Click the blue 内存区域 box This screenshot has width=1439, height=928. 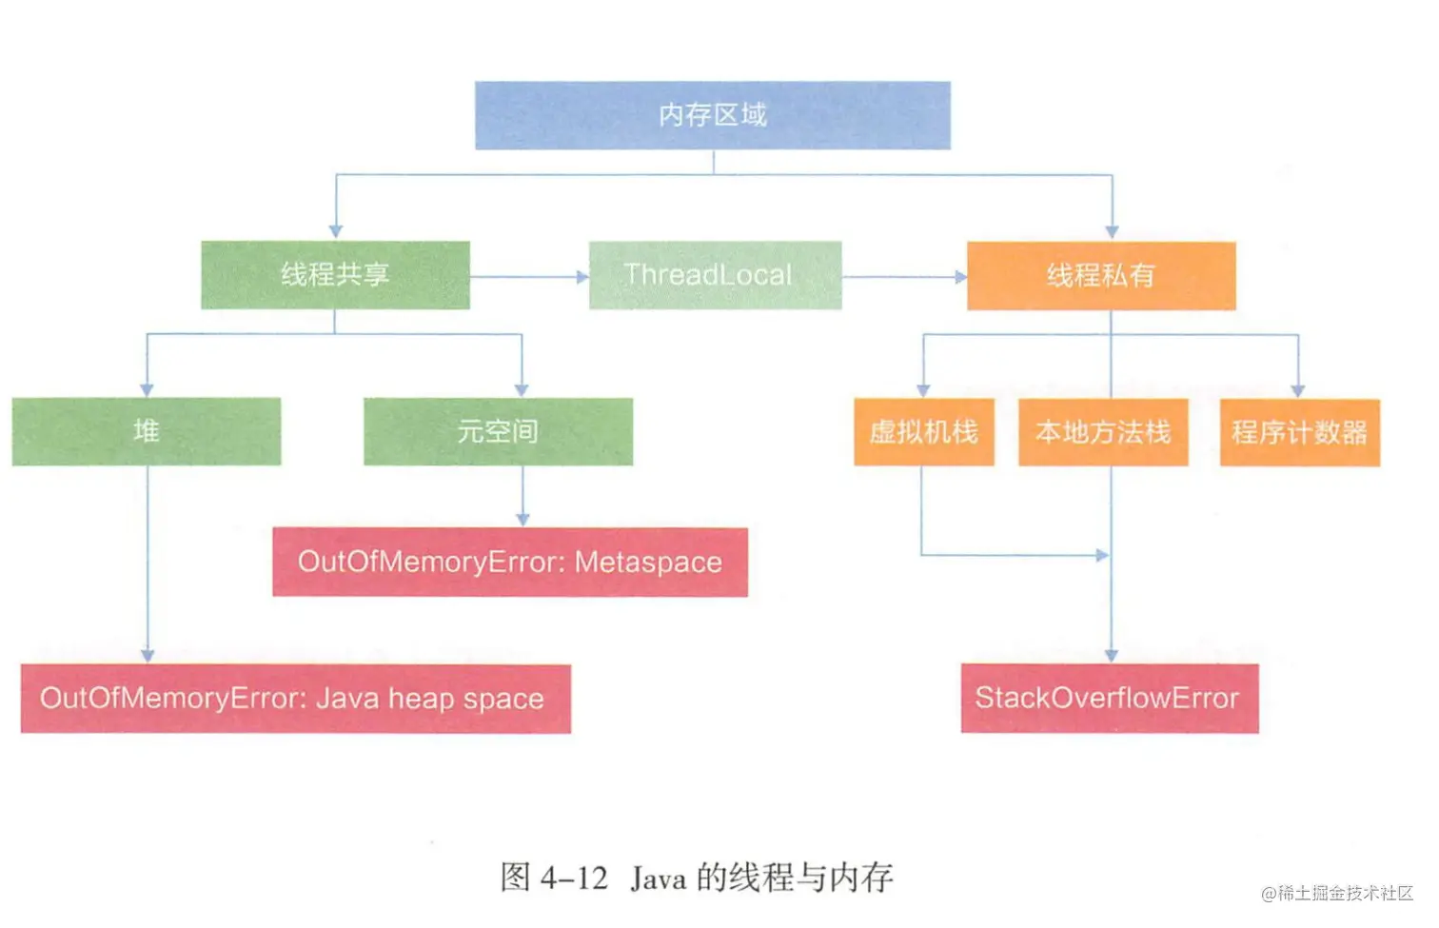point(713,116)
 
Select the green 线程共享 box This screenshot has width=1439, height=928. point(335,275)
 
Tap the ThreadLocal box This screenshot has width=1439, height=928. point(715,275)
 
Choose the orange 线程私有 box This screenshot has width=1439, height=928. point(1101,276)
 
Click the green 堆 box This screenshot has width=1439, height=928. point(147,431)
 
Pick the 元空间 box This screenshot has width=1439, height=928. point(498,431)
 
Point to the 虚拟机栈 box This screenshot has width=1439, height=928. point(924,432)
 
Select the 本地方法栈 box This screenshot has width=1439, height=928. point(1103,432)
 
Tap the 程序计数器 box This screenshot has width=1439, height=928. point(1300,432)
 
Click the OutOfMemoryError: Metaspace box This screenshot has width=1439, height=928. point(510,562)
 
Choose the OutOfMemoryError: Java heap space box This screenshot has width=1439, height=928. point(295,699)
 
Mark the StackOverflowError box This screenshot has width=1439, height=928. point(1110,698)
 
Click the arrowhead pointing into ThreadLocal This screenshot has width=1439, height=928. point(582,277)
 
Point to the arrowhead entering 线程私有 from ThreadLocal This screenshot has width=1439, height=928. point(961,277)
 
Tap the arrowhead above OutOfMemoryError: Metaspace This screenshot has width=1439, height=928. point(522,520)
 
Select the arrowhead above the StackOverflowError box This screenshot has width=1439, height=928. point(1112,656)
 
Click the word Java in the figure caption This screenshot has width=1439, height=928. point(658,879)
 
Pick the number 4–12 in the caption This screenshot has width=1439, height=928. point(574,879)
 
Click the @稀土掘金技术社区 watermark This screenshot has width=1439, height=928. point(1337,894)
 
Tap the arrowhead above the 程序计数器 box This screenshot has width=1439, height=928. point(1298,391)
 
